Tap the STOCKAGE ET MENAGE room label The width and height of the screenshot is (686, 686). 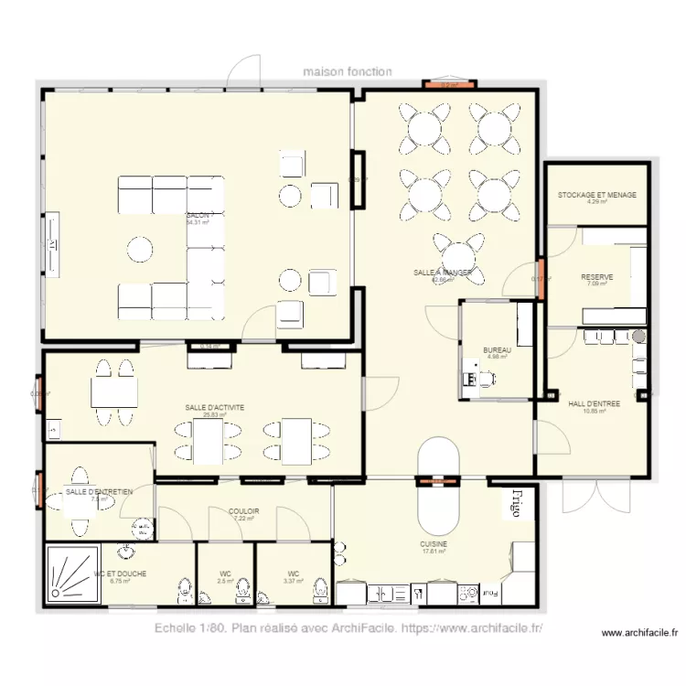[x=597, y=195]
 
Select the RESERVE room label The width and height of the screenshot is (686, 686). [x=596, y=277]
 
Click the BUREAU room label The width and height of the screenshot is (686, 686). [x=497, y=350]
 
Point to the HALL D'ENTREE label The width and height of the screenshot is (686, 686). [x=594, y=403]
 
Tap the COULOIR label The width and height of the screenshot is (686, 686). [x=244, y=512]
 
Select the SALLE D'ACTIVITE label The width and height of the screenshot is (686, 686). [x=214, y=408]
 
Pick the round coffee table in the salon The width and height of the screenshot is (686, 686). [x=141, y=250]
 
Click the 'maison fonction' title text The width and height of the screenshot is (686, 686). [x=348, y=71]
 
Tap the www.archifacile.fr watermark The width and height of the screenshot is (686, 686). [x=639, y=632]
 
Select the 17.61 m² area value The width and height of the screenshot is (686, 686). [x=434, y=551]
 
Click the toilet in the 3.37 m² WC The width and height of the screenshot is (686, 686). [x=319, y=591]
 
